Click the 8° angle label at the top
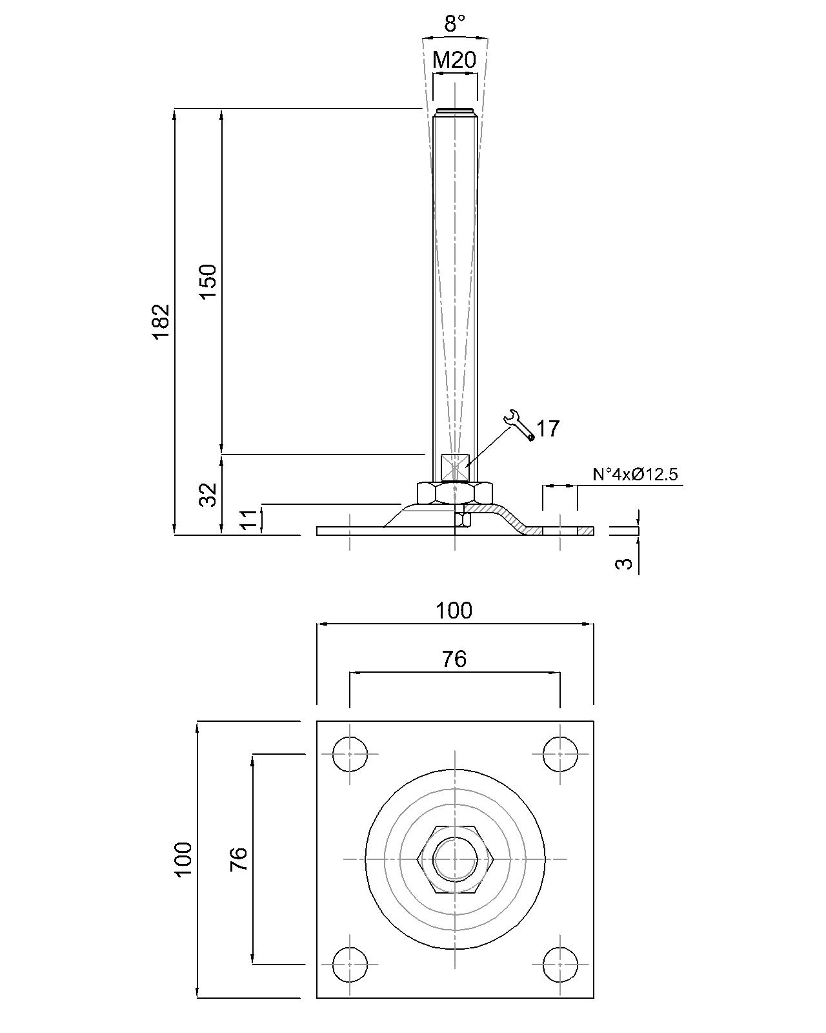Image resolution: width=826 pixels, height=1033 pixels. (x=454, y=25)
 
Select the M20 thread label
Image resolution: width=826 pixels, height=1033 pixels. (x=454, y=61)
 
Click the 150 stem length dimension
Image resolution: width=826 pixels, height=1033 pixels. (x=208, y=281)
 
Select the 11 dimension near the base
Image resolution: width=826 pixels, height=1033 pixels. (x=248, y=519)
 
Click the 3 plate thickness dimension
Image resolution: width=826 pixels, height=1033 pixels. (x=624, y=563)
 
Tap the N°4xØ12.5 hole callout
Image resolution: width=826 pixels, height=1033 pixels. (x=635, y=475)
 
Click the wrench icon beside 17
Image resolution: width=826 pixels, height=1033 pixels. (x=519, y=425)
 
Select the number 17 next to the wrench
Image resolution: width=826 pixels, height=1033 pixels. (x=548, y=429)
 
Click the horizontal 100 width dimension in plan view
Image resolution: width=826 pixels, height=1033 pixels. (x=454, y=611)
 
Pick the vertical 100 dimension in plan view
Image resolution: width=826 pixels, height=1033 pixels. (x=183, y=859)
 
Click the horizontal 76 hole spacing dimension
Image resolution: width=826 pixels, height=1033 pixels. (x=454, y=659)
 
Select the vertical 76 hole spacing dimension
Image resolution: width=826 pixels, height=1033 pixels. (x=239, y=859)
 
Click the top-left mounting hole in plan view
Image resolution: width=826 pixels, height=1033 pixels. (x=350, y=753)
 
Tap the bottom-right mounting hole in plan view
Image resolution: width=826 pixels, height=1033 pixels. (x=559, y=964)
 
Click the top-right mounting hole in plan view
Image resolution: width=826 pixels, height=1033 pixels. (x=559, y=753)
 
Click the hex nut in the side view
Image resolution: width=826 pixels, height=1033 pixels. (x=455, y=493)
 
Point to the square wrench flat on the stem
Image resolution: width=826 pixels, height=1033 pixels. (x=455, y=467)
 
